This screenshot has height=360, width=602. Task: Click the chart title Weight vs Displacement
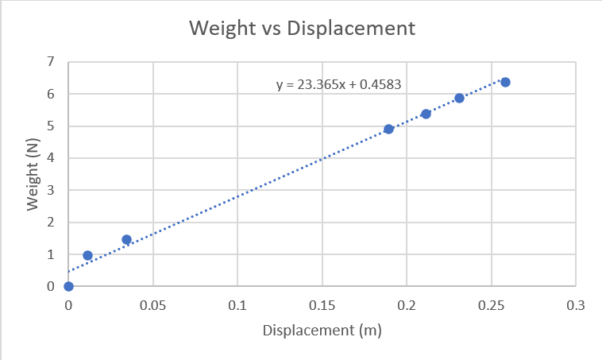click(x=301, y=29)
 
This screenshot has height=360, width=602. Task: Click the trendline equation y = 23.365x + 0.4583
click(x=342, y=83)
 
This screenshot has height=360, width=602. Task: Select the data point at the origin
click(x=68, y=286)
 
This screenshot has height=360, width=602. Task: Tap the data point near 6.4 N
click(x=504, y=82)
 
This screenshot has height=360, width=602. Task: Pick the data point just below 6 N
click(x=459, y=98)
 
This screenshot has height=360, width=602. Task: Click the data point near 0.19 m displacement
click(x=388, y=129)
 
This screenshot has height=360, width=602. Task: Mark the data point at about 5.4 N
click(x=426, y=114)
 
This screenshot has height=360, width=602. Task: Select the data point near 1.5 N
click(x=126, y=239)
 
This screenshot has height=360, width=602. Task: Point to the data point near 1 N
click(x=87, y=255)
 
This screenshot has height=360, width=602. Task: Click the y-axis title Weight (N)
click(x=33, y=174)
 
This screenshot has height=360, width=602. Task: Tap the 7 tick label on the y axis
click(x=51, y=61)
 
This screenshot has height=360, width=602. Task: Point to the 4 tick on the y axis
click(x=51, y=158)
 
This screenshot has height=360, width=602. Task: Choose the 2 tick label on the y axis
click(x=51, y=223)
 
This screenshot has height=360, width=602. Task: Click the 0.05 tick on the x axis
click(x=152, y=305)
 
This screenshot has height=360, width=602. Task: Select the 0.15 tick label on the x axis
click(x=322, y=305)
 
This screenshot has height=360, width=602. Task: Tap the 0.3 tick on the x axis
click(x=575, y=305)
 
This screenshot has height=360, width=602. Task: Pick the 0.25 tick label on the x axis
click(x=491, y=305)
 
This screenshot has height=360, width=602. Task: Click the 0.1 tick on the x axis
click(x=237, y=305)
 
